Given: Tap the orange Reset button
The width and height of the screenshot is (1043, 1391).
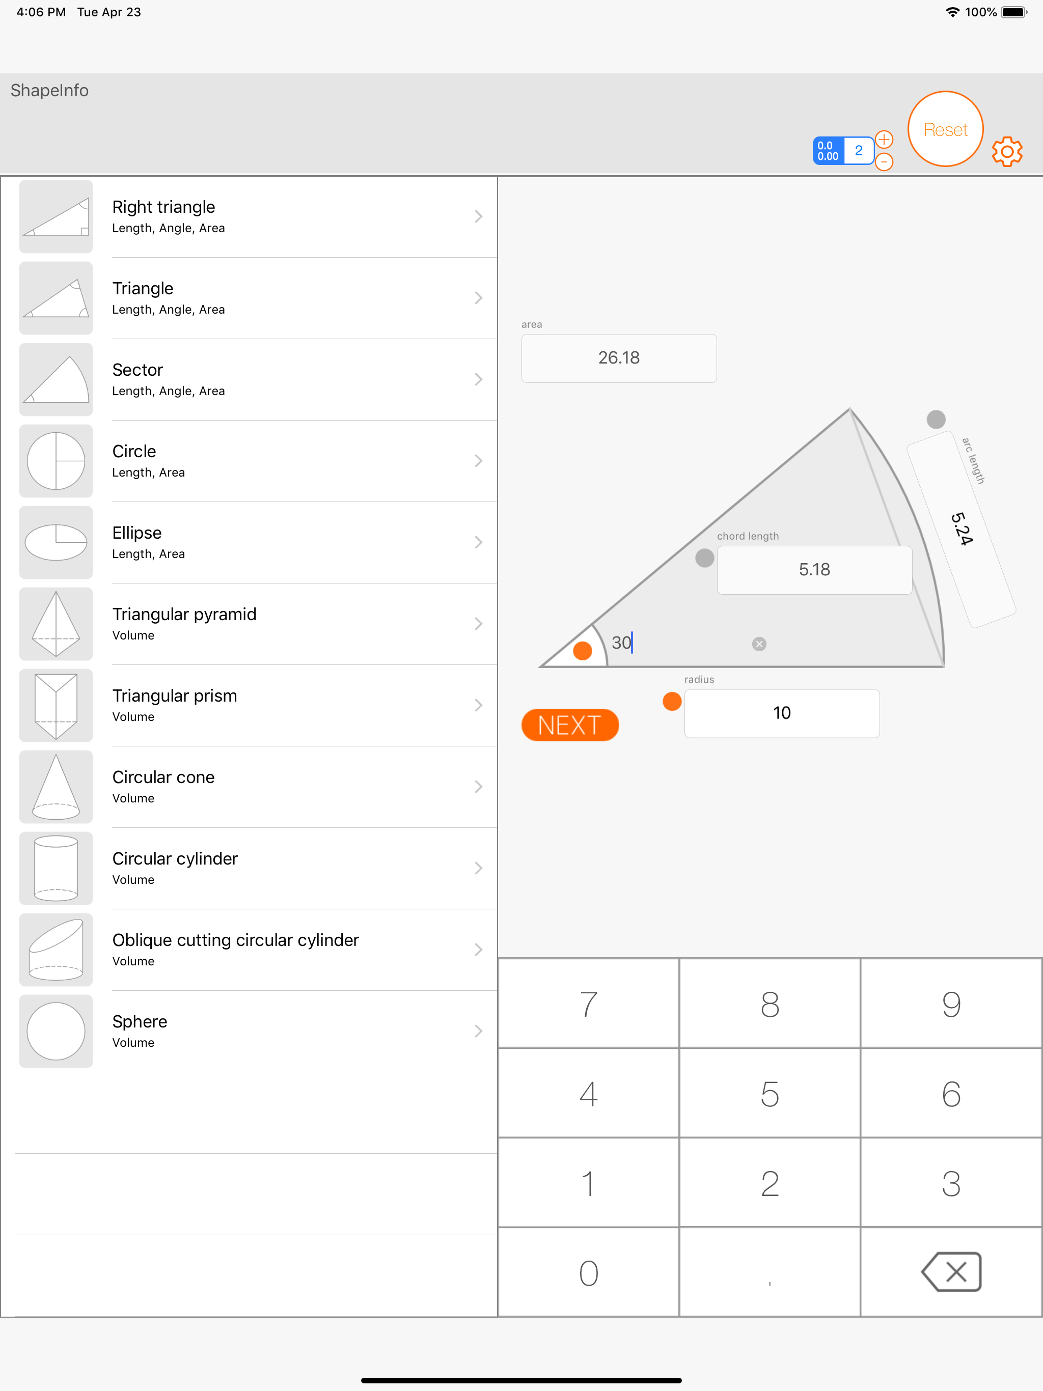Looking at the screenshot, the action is (x=945, y=129).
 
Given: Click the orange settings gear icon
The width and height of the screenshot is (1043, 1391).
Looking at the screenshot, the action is (x=1007, y=152).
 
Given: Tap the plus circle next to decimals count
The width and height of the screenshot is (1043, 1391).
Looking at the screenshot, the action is (x=884, y=139).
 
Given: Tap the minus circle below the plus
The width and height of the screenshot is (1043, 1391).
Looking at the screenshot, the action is (x=884, y=161).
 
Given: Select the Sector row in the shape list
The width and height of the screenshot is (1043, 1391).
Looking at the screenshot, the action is (x=258, y=379).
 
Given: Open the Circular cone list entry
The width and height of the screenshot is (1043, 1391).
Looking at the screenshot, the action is (x=258, y=787).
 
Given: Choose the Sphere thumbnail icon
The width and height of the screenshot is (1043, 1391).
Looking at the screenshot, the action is (x=56, y=1032).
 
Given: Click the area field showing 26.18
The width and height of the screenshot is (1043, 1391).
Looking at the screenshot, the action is (x=619, y=358).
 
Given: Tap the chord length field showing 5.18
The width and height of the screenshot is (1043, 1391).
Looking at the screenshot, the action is (x=815, y=570).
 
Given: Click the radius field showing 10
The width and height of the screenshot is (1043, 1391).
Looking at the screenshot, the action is (x=782, y=713).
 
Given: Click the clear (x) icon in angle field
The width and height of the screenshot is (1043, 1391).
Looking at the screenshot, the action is (x=759, y=644).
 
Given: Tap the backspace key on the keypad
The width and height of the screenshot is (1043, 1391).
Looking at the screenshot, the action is (x=951, y=1271).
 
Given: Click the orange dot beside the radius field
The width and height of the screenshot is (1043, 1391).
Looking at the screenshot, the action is (x=672, y=701).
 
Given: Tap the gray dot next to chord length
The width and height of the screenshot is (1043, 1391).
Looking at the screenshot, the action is (x=704, y=558).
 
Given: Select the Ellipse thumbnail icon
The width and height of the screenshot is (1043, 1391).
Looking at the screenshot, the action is (x=56, y=542).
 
